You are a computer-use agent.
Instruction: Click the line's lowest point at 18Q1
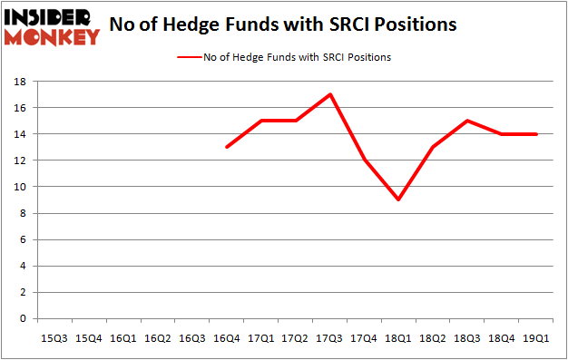click(397, 199)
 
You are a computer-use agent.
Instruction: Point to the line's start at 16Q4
click(226, 147)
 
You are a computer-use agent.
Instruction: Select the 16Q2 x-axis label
click(158, 337)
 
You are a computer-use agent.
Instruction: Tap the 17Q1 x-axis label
click(260, 337)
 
